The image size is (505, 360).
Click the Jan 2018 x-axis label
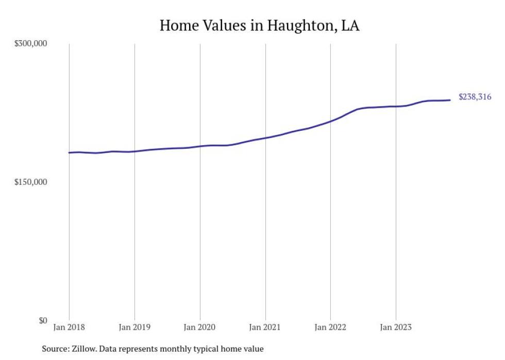pyautogui.click(x=69, y=328)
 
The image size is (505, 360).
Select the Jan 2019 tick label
pyautogui.click(x=134, y=328)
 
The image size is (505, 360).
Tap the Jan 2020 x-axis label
pyautogui.click(x=200, y=328)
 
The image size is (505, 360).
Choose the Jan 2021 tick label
pyautogui.click(x=265, y=328)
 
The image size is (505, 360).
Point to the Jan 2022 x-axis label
pyautogui.click(x=330, y=328)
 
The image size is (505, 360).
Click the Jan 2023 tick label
pyautogui.click(x=396, y=328)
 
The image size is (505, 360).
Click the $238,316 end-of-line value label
pyautogui.click(x=475, y=97)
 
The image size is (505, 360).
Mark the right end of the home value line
pyautogui.click(x=450, y=100)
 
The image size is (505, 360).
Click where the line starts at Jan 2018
pyautogui.click(x=69, y=152)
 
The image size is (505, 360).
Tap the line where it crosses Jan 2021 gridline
pyautogui.click(x=265, y=138)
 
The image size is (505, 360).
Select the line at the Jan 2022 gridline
pyautogui.click(x=330, y=121)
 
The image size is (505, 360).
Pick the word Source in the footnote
pyautogui.click(x=54, y=349)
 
